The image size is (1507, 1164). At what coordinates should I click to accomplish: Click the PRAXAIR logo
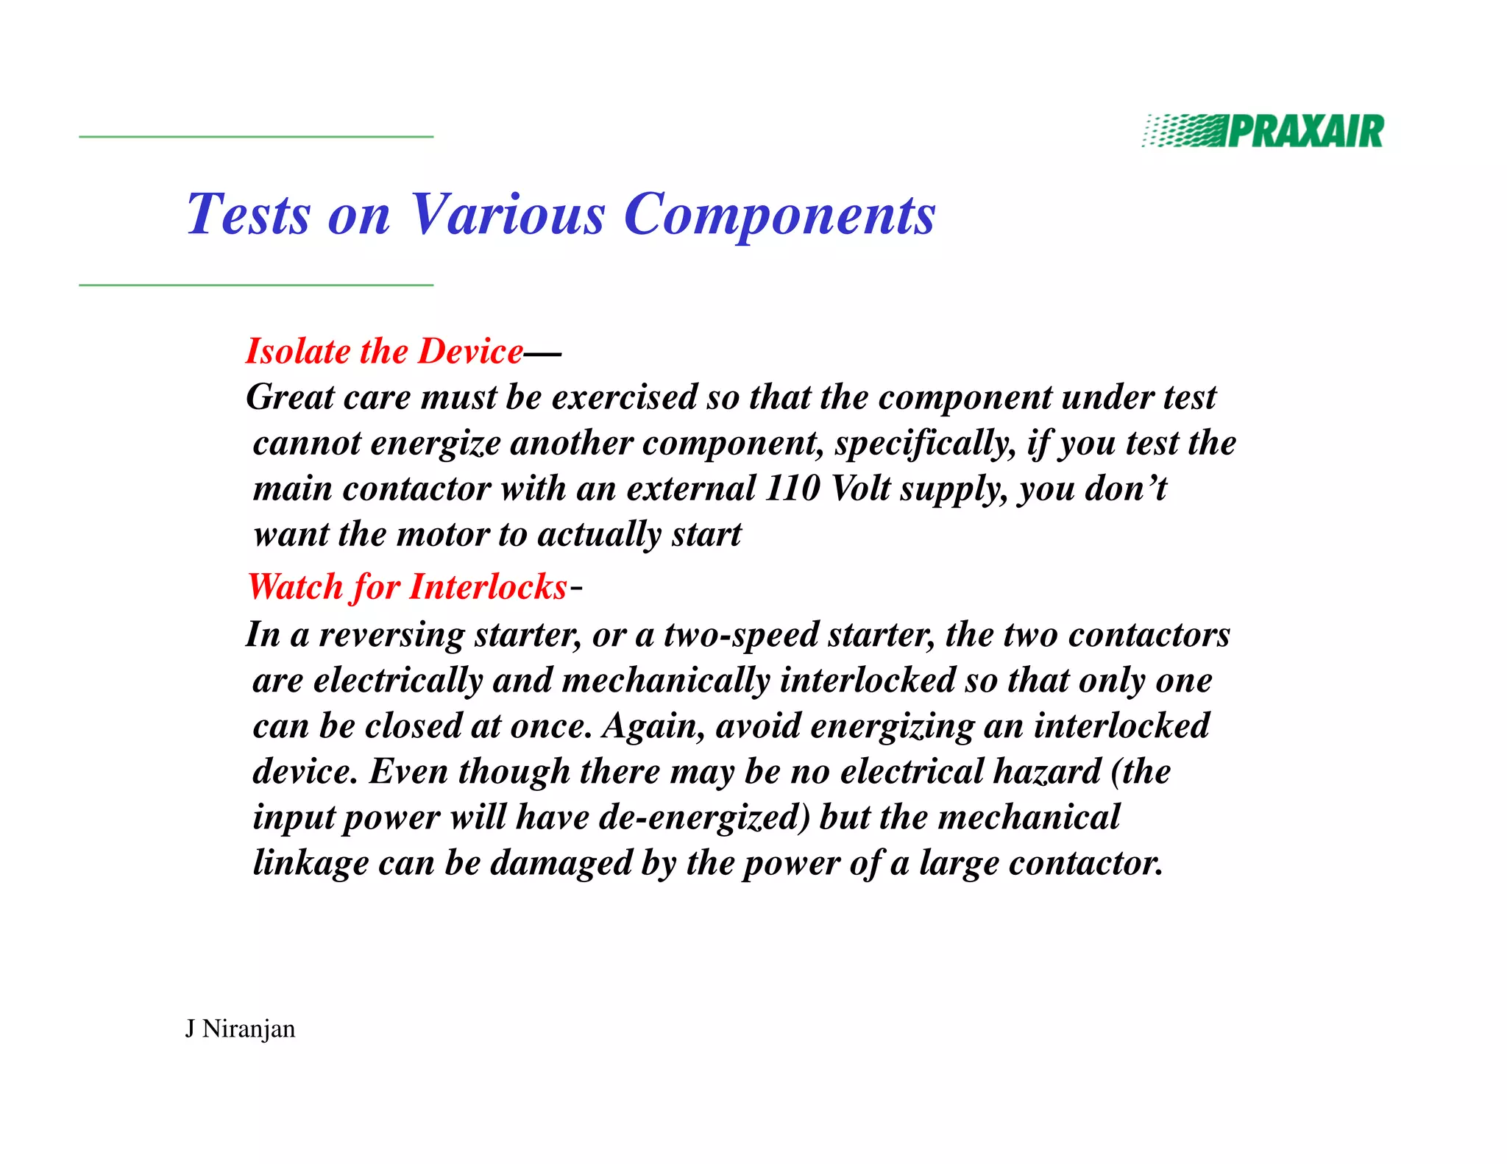tap(1263, 132)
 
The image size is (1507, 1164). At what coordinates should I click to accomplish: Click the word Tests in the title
tap(249, 215)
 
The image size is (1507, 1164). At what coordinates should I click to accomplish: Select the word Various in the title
tap(507, 215)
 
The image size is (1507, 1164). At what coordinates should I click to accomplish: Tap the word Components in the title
tap(779, 215)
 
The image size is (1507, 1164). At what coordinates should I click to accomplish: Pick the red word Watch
tap(294, 587)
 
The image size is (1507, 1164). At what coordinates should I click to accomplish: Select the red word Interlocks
tap(488, 587)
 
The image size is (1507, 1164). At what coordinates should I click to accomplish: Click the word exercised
tap(625, 397)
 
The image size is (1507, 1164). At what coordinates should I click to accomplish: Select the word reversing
tap(391, 635)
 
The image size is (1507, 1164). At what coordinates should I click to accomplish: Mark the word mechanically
tap(665, 681)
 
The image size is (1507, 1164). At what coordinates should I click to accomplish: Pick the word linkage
tap(311, 863)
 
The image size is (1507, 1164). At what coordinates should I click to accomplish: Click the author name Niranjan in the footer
tap(249, 1029)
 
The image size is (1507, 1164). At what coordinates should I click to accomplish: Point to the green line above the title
tap(256, 137)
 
